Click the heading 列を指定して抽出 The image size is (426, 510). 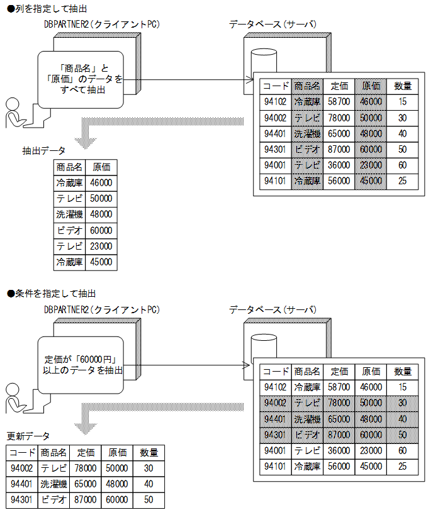point(47,8)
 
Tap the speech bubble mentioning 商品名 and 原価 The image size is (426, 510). point(80,79)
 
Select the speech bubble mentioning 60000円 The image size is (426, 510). point(80,365)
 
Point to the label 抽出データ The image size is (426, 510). point(43,151)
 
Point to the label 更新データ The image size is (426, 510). point(28,436)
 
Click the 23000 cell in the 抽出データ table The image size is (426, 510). point(101,247)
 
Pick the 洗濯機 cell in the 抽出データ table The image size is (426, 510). point(69,214)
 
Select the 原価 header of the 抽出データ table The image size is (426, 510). point(101,167)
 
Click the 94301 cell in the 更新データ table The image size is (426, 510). point(22,500)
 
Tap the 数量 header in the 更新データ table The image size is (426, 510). point(149,453)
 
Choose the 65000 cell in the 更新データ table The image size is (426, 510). point(86,484)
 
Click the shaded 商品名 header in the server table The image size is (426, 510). point(307,86)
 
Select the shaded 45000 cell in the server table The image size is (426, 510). point(371,181)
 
